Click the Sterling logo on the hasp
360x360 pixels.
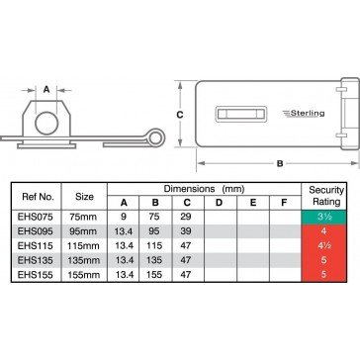click(x=304, y=114)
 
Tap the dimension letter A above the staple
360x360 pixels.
click(x=46, y=89)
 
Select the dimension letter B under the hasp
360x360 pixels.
click(x=280, y=163)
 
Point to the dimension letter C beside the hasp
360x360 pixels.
click(x=180, y=115)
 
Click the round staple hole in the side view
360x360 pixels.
click(x=46, y=123)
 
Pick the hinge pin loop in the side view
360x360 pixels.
click(x=155, y=136)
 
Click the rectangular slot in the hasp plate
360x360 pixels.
click(x=241, y=114)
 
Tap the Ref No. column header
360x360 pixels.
click(x=38, y=197)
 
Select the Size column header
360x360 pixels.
click(x=84, y=197)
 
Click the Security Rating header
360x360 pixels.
click(x=323, y=196)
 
